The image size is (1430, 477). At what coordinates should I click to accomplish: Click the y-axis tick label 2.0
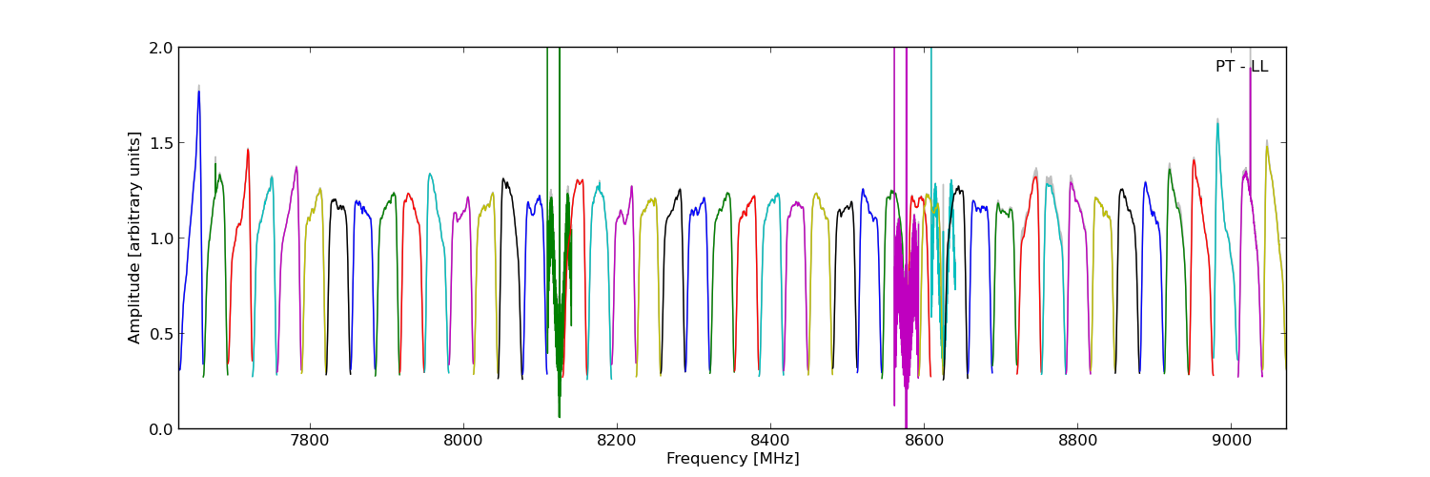[161, 48]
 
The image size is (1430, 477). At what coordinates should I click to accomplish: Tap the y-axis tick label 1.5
[161, 143]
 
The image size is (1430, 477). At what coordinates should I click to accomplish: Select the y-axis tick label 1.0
[161, 238]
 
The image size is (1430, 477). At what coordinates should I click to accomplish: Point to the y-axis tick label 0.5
[161, 334]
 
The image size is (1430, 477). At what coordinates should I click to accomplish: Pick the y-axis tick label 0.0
[161, 429]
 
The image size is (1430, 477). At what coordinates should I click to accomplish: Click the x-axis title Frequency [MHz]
[732, 459]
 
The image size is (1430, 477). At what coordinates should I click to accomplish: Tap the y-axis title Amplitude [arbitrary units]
[135, 238]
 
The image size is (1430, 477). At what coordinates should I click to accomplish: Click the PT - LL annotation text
[1241, 67]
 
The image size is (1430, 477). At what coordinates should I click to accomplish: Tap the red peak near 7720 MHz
[248, 151]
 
